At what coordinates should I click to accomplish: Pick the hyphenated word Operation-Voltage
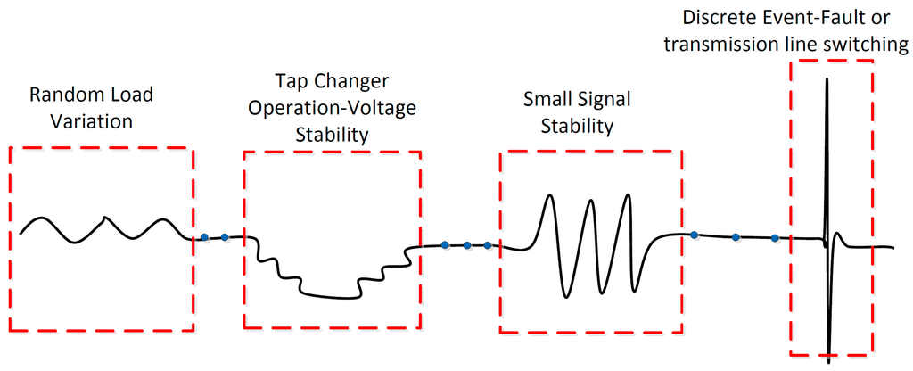(331, 108)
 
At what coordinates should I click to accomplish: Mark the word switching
(868, 45)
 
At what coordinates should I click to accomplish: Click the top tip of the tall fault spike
(828, 79)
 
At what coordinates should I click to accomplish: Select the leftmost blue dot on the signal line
(204, 236)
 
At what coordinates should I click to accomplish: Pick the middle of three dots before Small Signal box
(466, 244)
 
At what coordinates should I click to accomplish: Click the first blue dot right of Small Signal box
(694, 235)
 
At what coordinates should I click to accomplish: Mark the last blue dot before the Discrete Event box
(775, 237)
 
